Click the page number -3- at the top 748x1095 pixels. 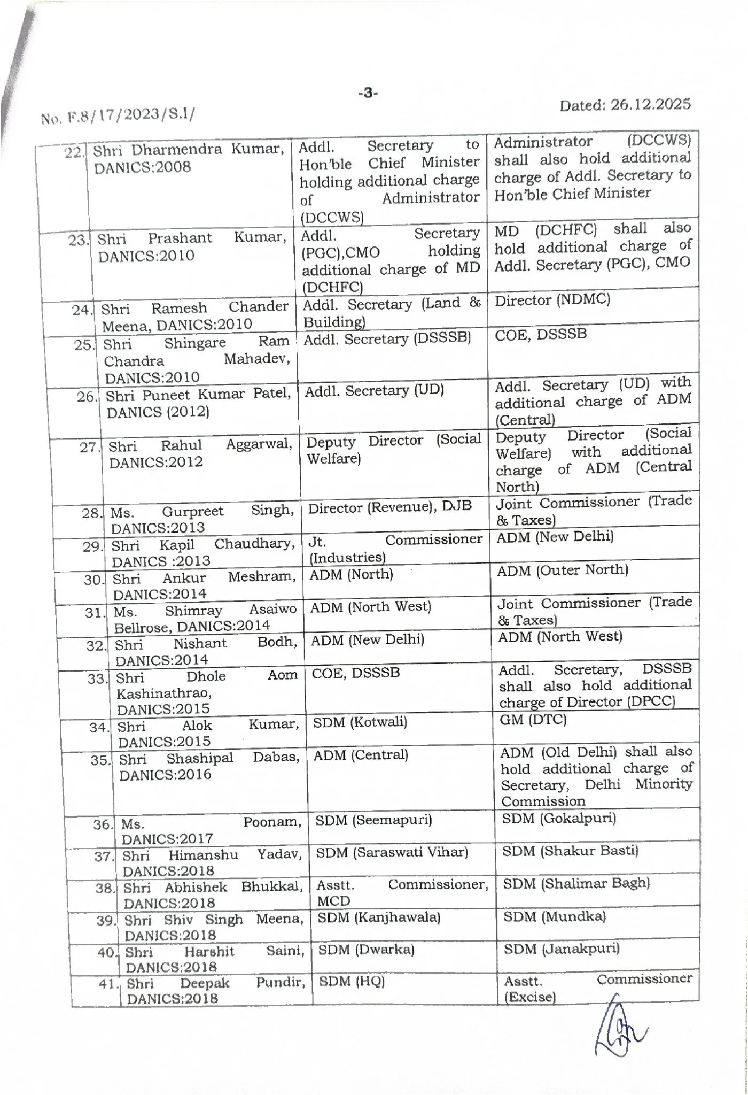pos(368,94)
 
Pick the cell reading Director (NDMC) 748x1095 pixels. pos(552,300)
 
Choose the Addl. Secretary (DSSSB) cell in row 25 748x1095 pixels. pos(387,339)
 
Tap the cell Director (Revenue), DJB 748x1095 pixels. pos(390,507)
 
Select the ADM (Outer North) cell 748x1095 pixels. pos(563,570)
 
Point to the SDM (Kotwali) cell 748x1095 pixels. pos(360,723)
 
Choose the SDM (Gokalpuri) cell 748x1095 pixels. pos(559,819)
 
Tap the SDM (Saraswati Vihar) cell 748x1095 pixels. pos(392,852)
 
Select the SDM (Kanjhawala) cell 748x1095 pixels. pos(379,917)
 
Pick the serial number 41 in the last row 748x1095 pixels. pos(109,983)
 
